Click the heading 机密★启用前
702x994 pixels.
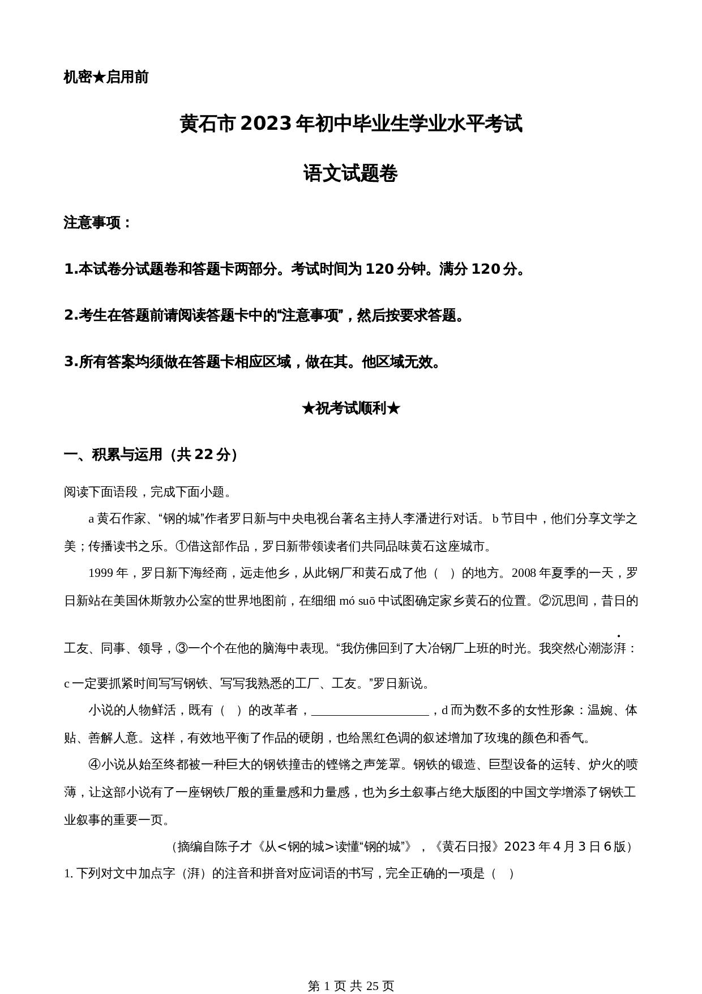point(106,77)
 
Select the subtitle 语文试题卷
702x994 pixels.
point(350,173)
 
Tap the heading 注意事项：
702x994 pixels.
point(97,223)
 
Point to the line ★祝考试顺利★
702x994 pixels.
point(350,408)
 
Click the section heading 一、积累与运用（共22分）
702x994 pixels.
point(152,454)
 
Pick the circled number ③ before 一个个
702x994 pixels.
point(182,648)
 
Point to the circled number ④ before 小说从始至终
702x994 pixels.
point(95,764)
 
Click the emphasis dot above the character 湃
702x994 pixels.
point(618,636)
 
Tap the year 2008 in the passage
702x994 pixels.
point(524,573)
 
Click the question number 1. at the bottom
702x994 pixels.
point(69,873)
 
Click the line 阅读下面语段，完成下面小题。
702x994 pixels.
point(148,492)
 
